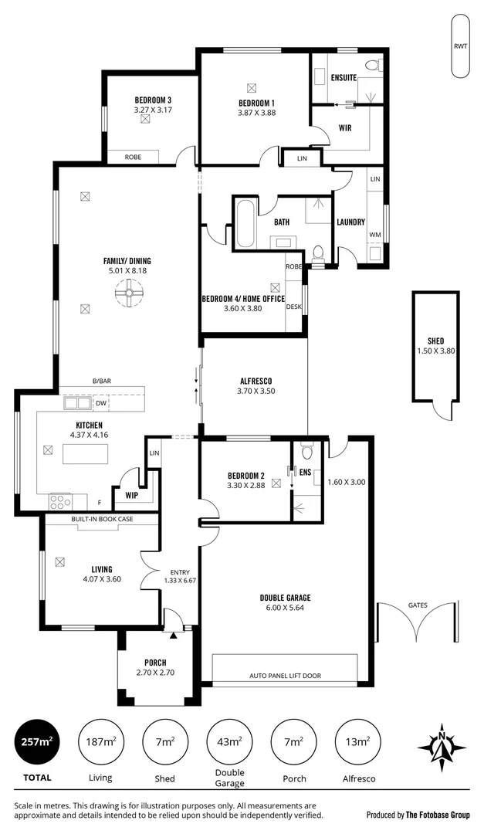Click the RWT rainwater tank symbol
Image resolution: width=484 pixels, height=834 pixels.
(x=460, y=46)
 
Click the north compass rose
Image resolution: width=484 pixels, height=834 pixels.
(x=442, y=747)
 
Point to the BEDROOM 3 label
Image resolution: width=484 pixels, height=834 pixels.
(x=152, y=100)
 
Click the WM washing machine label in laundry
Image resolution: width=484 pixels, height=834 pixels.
(x=375, y=235)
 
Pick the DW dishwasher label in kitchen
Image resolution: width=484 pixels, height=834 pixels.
(x=101, y=403)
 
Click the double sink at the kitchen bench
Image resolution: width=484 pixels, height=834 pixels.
(x=76, y=403)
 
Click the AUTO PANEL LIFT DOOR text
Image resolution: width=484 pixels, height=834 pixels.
(x=285, y=676)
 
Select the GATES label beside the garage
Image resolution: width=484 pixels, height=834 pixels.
(x=418, y=606)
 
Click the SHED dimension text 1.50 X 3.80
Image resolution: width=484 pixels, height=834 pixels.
(x=435, y=351)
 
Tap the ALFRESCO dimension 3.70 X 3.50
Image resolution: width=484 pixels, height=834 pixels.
(x=256, y=391)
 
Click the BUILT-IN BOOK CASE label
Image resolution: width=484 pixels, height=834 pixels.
(x=102, y=519)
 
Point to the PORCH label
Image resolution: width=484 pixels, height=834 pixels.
(x=155, y=663)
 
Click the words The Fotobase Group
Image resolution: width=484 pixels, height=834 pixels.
(x=438, y=815)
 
